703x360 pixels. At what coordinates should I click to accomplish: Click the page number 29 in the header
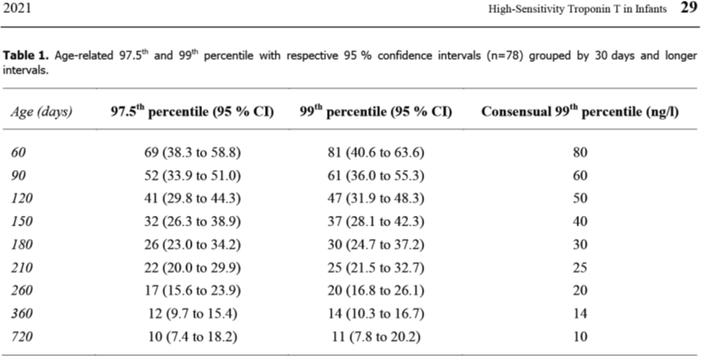(x=689, y=8)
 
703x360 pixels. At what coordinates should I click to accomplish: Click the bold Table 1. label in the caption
(x=27, y=55)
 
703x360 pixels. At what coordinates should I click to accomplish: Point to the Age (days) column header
(x=41, y=112)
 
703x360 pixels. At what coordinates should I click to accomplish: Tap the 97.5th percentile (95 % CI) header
(x=192, y=112)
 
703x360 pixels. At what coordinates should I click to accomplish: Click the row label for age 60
(x=19, y=152)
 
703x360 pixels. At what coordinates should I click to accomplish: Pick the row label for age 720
(x=22, y=337)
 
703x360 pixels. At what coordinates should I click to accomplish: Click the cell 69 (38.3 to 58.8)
(x=192, y=152)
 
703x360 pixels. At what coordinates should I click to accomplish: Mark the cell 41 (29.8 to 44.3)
(x=192, y=198)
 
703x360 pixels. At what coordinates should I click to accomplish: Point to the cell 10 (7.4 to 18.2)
(x=192, y=337)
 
